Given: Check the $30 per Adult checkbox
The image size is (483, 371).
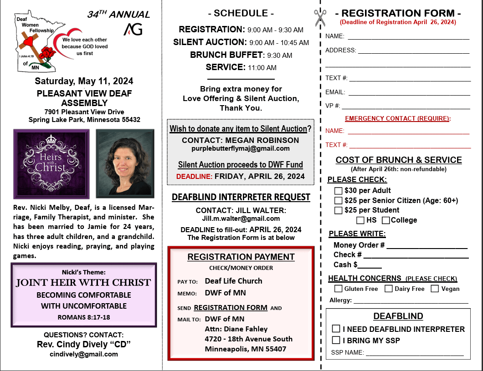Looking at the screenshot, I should (339, 190).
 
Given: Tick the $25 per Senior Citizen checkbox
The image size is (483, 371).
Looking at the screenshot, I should (339, 200).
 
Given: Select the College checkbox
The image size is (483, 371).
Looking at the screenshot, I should (386, 220).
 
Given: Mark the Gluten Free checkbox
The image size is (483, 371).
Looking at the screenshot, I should (339, 289).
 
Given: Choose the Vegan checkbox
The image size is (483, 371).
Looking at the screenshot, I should (435, 289).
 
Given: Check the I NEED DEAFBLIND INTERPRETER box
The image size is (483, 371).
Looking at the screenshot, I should (336, 329).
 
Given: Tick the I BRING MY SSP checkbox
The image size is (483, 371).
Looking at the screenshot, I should (336, 340).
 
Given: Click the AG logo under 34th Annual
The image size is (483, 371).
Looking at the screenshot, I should (133, 30).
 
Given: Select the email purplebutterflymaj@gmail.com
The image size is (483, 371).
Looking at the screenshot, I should (241, 148).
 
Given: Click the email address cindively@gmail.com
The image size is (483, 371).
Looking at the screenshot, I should (84, 354).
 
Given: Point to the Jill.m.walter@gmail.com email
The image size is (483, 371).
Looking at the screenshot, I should (241, 219).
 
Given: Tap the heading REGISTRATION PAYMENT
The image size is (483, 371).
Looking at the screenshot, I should (241, 257).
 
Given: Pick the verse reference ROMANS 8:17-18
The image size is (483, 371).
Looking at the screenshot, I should (84, 317).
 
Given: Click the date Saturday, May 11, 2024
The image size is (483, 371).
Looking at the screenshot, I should (84, 81).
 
